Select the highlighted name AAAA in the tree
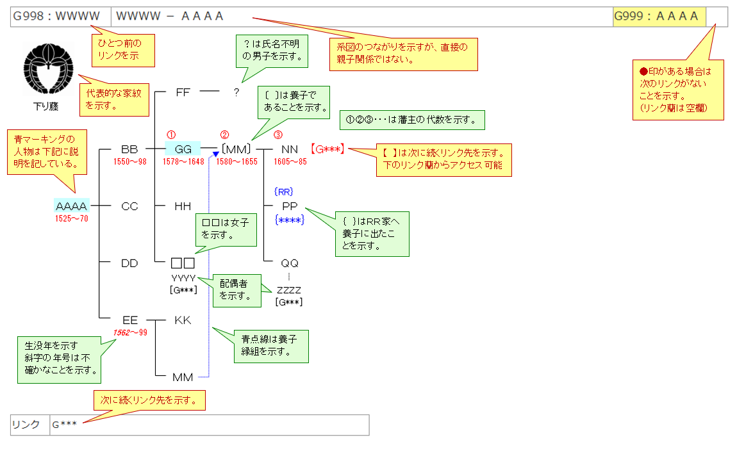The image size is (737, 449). [x=71, y=206]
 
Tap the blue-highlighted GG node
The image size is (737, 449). [x=183, y=149]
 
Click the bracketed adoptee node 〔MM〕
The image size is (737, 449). [x=235, y=149]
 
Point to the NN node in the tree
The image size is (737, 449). [x=290, y=149]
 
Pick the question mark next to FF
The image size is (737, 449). [x=236, y=92]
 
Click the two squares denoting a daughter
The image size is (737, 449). [x=183, y=263]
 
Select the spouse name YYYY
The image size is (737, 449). [x=183, y=278]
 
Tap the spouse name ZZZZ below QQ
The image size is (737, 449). [x=288, y=290]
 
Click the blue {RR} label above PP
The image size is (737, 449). [x=284, y=192]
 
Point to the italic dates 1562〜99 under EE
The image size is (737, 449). [x=130, y=332]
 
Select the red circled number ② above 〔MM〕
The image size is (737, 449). [x=224, y=135]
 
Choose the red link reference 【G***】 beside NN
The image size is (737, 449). [x=328, y=149]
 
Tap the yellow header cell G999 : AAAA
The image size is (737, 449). [x=659, y=17]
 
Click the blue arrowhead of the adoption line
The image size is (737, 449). [x=215, y=154]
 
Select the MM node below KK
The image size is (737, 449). [x=183, y=377]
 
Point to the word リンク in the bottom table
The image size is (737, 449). [x=26, y=425]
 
